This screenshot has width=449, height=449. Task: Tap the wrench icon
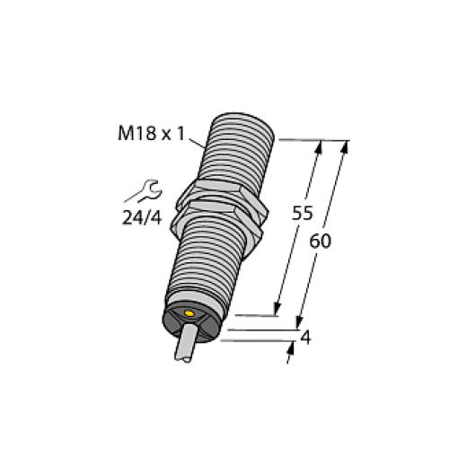(143, 191)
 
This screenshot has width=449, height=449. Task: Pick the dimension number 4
(308, 339)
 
